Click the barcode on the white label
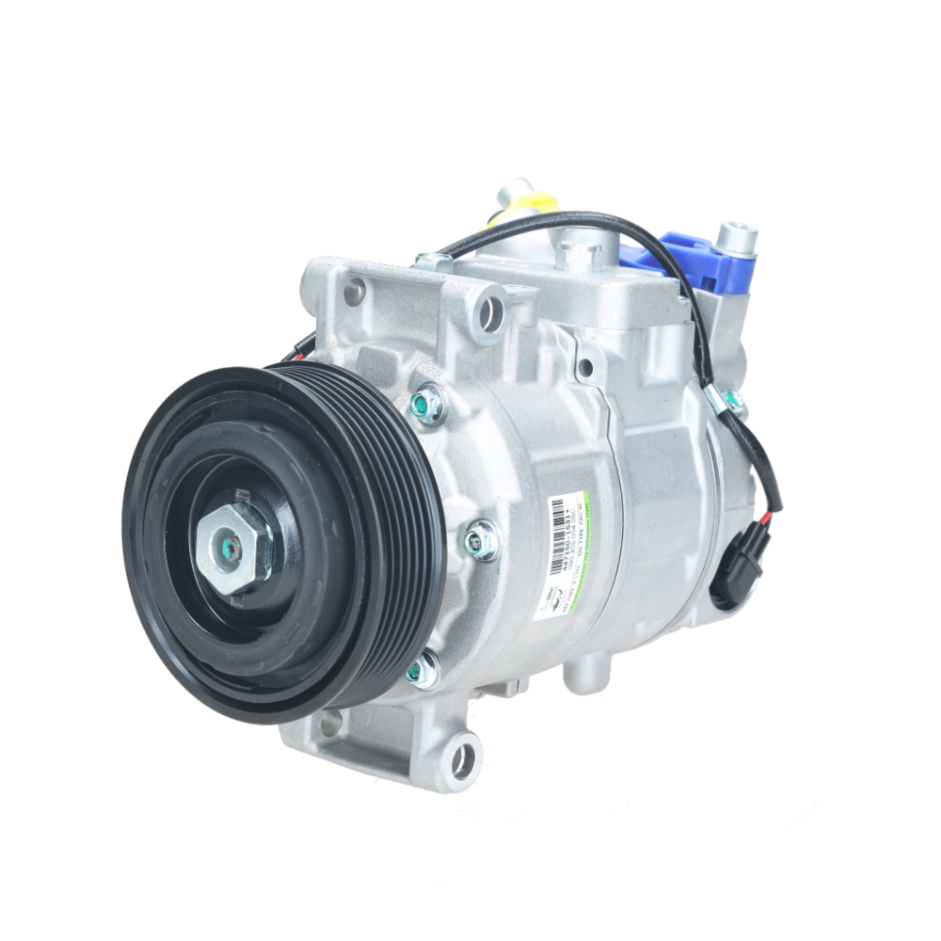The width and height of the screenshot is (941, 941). [559, 523]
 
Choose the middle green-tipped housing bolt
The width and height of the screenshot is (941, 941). [481, 542]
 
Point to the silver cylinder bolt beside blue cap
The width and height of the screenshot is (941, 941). [735, 239]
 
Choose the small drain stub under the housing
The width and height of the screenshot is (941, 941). [584, 675]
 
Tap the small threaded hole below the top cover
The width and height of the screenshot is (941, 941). [585, 368]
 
